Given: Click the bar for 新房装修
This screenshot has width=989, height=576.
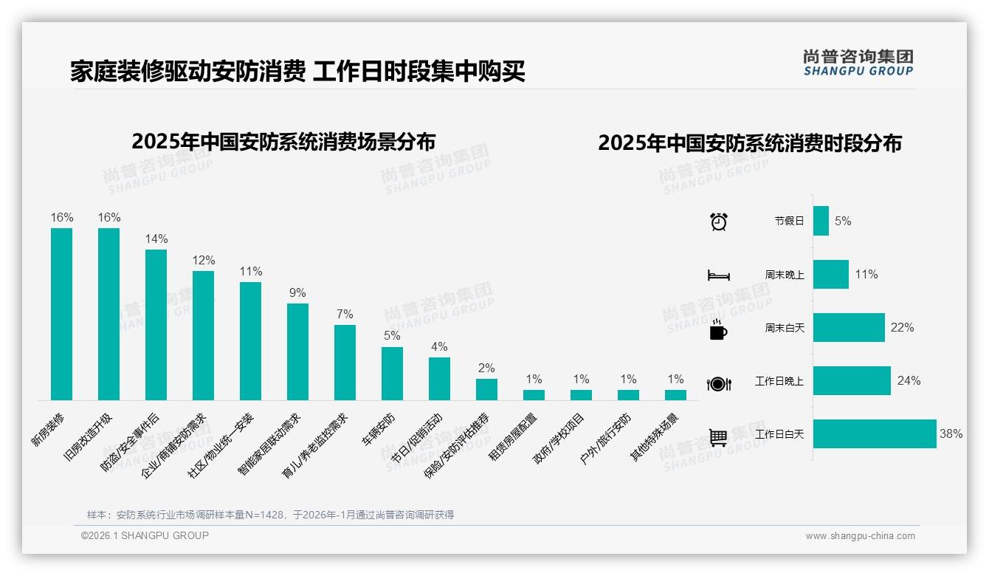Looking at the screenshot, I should click(61, 314).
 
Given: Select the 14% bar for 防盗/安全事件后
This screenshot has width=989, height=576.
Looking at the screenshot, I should click(156, 324).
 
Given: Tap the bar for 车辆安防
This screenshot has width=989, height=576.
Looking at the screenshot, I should click(392, 373).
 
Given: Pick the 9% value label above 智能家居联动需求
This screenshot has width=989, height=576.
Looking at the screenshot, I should click(297, 293).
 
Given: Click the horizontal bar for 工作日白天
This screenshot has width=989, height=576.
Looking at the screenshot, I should click(874, 434).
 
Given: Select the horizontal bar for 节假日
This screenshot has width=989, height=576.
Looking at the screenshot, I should click(821, 221).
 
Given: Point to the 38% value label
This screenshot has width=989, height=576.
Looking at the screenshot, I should click(951, 434).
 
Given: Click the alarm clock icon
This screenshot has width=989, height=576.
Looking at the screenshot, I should click(719, 222).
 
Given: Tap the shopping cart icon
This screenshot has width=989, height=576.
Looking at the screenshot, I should click(718, 437).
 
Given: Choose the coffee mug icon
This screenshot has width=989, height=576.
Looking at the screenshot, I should click(718, 329).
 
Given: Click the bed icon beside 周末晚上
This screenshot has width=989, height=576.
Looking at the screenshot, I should click(718, 275).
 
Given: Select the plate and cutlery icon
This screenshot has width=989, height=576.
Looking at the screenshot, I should click(718, 383).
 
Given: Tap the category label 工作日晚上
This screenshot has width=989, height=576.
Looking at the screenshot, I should click(779, 381).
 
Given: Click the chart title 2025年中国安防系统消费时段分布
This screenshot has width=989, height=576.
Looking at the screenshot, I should click(750, 143).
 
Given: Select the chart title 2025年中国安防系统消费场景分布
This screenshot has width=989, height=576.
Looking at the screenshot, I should click(283, 141).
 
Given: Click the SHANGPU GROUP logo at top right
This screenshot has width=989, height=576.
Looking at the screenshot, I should click(858, 63).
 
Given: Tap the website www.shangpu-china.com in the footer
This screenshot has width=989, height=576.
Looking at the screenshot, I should click(860, 536).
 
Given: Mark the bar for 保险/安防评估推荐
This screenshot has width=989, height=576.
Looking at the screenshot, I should click(486, 389).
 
